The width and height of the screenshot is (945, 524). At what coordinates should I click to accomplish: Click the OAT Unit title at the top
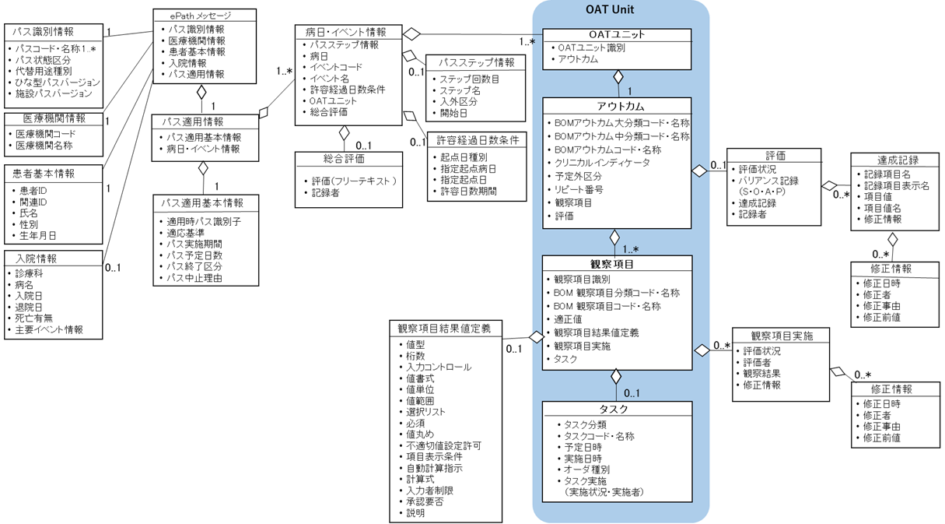[x=620, y=10]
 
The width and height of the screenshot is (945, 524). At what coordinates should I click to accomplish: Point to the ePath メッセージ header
[x=201, y=16]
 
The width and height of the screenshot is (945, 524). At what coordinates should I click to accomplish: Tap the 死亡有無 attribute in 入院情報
[x=37, y=318]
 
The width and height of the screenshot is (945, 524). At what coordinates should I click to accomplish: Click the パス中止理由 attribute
[x=194, y=278]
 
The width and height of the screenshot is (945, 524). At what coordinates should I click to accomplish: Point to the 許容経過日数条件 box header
[x=478, y=140]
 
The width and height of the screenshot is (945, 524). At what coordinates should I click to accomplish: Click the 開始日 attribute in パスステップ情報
[x=454, y=113]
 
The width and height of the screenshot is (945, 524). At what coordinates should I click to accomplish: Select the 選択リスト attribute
[x=426, y=412]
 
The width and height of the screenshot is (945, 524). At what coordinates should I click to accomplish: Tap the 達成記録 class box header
[x=898, y=160]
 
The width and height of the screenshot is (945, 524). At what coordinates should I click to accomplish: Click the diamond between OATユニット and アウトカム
[x=618, y=77]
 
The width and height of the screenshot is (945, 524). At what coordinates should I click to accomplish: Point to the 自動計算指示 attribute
[x=434, y=468]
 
